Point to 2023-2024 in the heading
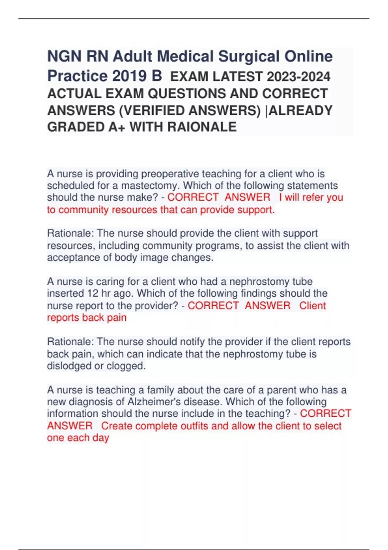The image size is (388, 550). [x=299, y=77]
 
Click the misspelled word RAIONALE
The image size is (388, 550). [x=201, y=127]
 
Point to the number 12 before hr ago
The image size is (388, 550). [x=93, y=293]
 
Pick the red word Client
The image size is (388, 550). [x=312, y=306]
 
